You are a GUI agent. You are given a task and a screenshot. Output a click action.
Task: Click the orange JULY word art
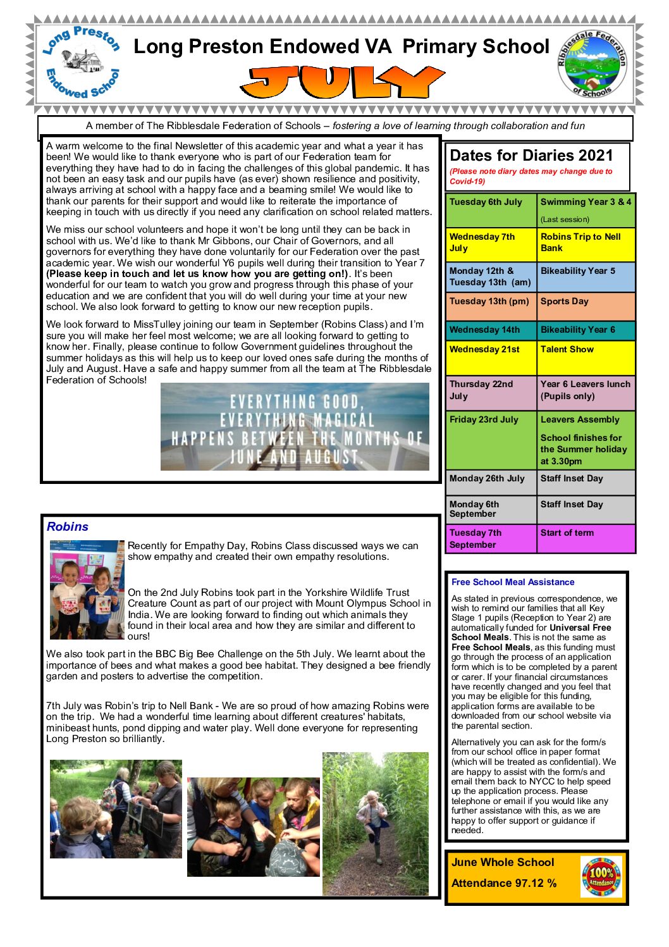[x=342, y=82]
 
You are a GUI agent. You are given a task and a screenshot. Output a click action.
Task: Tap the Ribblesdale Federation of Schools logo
[x=591, y=64]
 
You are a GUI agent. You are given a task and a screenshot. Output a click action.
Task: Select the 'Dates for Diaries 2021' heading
[x=531, y=156]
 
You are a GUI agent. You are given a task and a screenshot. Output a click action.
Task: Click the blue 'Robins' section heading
[x=68, y=526]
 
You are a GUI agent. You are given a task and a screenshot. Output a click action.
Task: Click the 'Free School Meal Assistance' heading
[x=513, y=582]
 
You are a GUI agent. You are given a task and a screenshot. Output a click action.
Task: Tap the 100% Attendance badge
[x=601, y=877]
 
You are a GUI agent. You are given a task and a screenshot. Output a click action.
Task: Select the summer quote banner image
[x=295, y=427]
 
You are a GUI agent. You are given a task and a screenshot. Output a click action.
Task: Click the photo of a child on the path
[x=376, y=824]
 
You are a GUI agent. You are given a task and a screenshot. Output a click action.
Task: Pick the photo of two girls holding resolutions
[x=87, y=590]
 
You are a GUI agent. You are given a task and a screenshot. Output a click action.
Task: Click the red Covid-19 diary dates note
[x=531, y=176]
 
